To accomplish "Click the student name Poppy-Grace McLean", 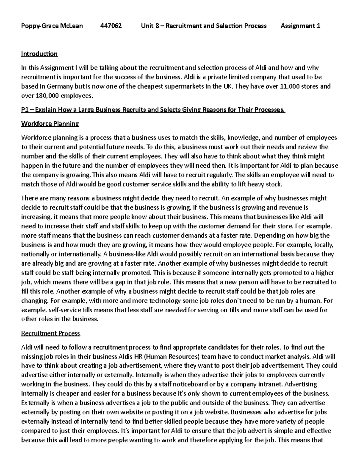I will (x=52, y=26).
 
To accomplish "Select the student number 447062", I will (x=111, y=26).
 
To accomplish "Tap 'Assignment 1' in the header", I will (x=300, y=26).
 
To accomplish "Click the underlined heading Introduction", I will (x=39, y=54).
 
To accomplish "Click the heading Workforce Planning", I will (x=50, y=124).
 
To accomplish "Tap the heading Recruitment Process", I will (x=51, y=333).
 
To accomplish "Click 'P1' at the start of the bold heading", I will (x=25, y=110).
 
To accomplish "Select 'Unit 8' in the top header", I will (x=150, y=26).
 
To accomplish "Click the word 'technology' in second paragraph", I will (x=165, y=301).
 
